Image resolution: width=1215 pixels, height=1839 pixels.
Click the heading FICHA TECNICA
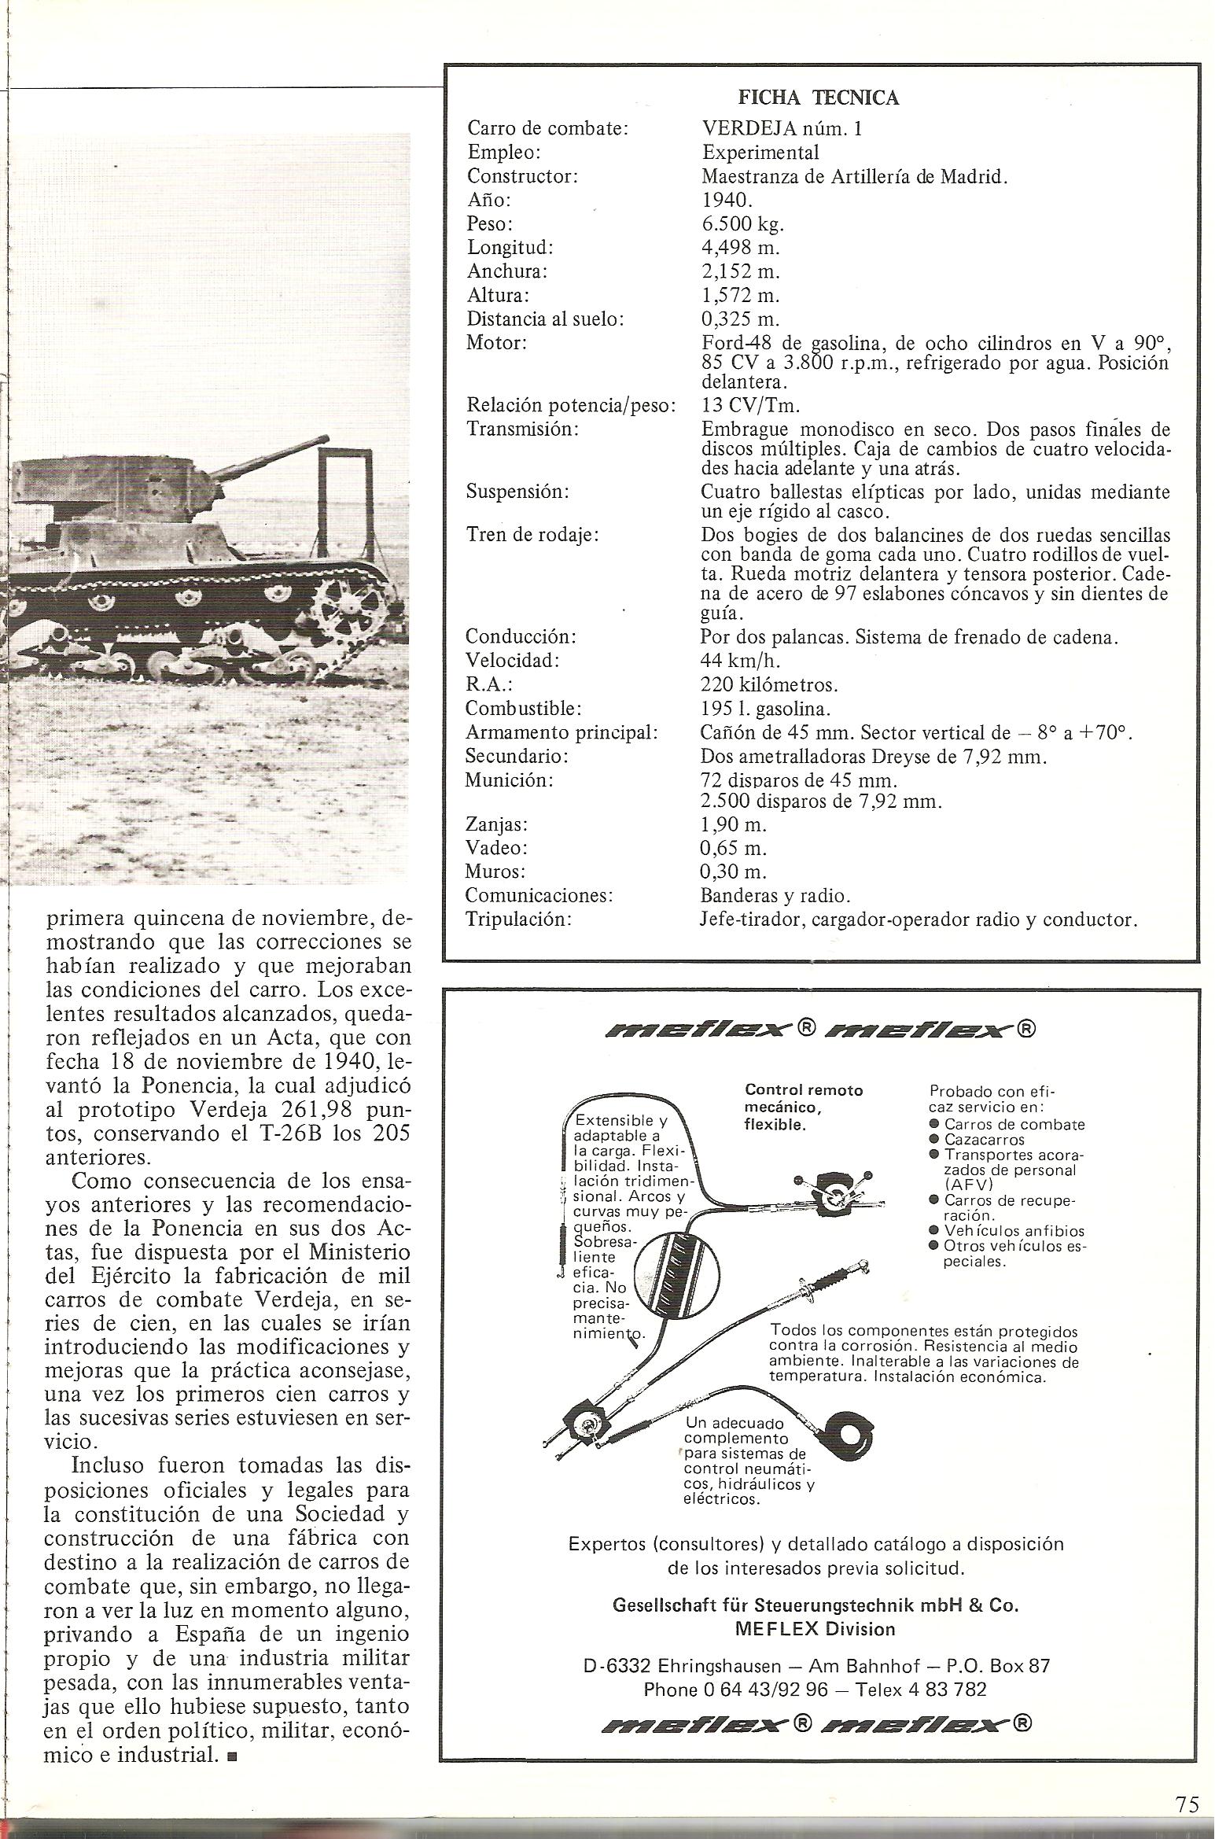[818, 98]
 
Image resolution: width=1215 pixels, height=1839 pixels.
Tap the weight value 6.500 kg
[742, 224]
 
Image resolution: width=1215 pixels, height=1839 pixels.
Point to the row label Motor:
[496, 343]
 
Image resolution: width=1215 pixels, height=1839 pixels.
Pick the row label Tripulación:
[518, 919]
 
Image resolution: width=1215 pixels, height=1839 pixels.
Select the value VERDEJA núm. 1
[781, 128]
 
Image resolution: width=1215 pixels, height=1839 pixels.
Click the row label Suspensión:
[517, 492]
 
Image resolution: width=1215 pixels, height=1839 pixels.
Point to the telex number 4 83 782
[943, 1690]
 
